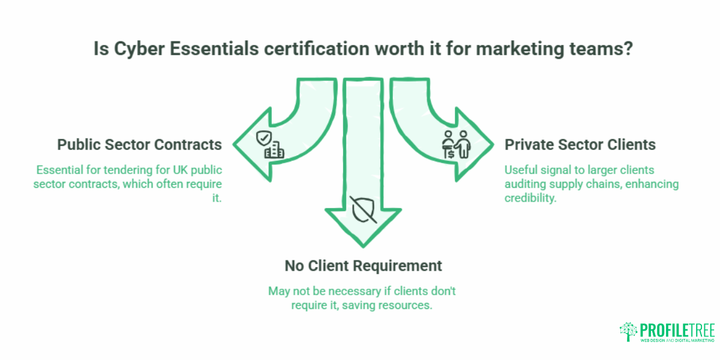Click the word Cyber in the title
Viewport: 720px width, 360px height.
pos(139,49)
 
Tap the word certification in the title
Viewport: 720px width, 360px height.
pos(317,49)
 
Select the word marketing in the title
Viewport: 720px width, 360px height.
pos(520,49)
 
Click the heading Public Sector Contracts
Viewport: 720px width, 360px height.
pos(139,145)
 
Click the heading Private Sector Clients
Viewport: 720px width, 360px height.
pos(580,145)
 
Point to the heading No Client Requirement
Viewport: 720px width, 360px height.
pos(363,266)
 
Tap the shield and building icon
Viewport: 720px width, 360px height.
pos(270,145)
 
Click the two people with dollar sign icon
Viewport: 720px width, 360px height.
pos(456,145)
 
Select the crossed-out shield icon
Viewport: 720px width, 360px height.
pos(363,209)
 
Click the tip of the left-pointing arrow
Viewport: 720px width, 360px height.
pos(233,145)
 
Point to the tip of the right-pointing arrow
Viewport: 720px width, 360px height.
pos(493,145)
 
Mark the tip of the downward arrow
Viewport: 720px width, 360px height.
pos(363,247)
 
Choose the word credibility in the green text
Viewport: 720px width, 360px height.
pos(530,198)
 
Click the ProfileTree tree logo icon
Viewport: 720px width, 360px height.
pos(628,331)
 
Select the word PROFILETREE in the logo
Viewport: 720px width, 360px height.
pos(677,330)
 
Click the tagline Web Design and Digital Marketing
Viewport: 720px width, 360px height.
pos(677,340)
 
